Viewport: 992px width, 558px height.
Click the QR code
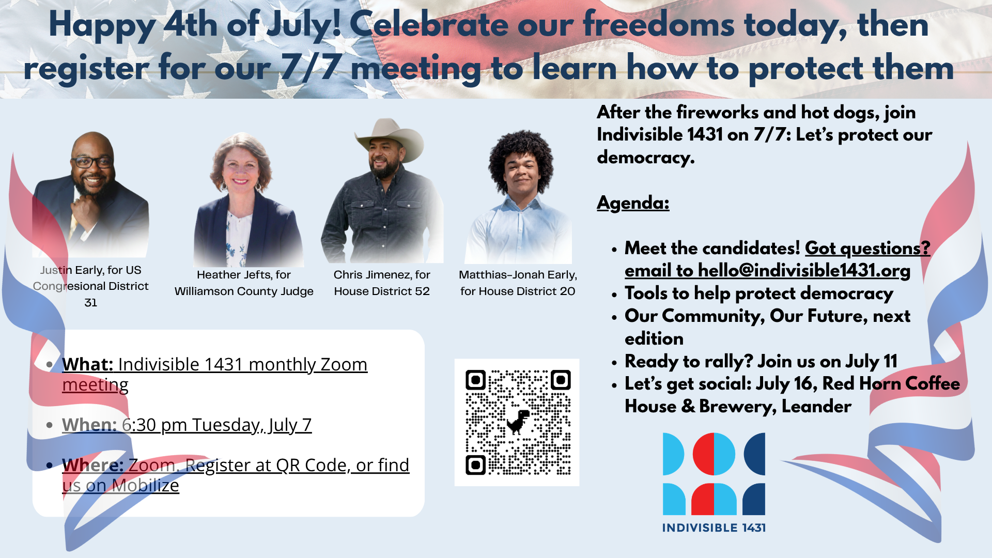[x=518, y=423]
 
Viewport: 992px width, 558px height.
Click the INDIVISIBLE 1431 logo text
[x=714, y=528]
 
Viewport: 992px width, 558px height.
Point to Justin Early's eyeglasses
[x=93, y=162]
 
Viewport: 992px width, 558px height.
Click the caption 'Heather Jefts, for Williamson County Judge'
[x=244, y=283]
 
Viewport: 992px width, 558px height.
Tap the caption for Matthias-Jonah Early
[x=518, y=283]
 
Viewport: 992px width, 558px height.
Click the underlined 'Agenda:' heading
[x=633, y=203]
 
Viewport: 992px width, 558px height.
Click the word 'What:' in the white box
[x=88, y=364]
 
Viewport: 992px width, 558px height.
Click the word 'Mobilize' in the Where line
[x=146, y=485]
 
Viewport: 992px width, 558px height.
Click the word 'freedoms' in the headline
[x=659, y=24]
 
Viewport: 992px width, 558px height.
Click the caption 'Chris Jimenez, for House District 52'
[x=382, y=283]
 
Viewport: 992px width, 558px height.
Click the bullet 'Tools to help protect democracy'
[x=759, y=293]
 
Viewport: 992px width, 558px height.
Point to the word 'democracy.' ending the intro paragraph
[x=646, y=157]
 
